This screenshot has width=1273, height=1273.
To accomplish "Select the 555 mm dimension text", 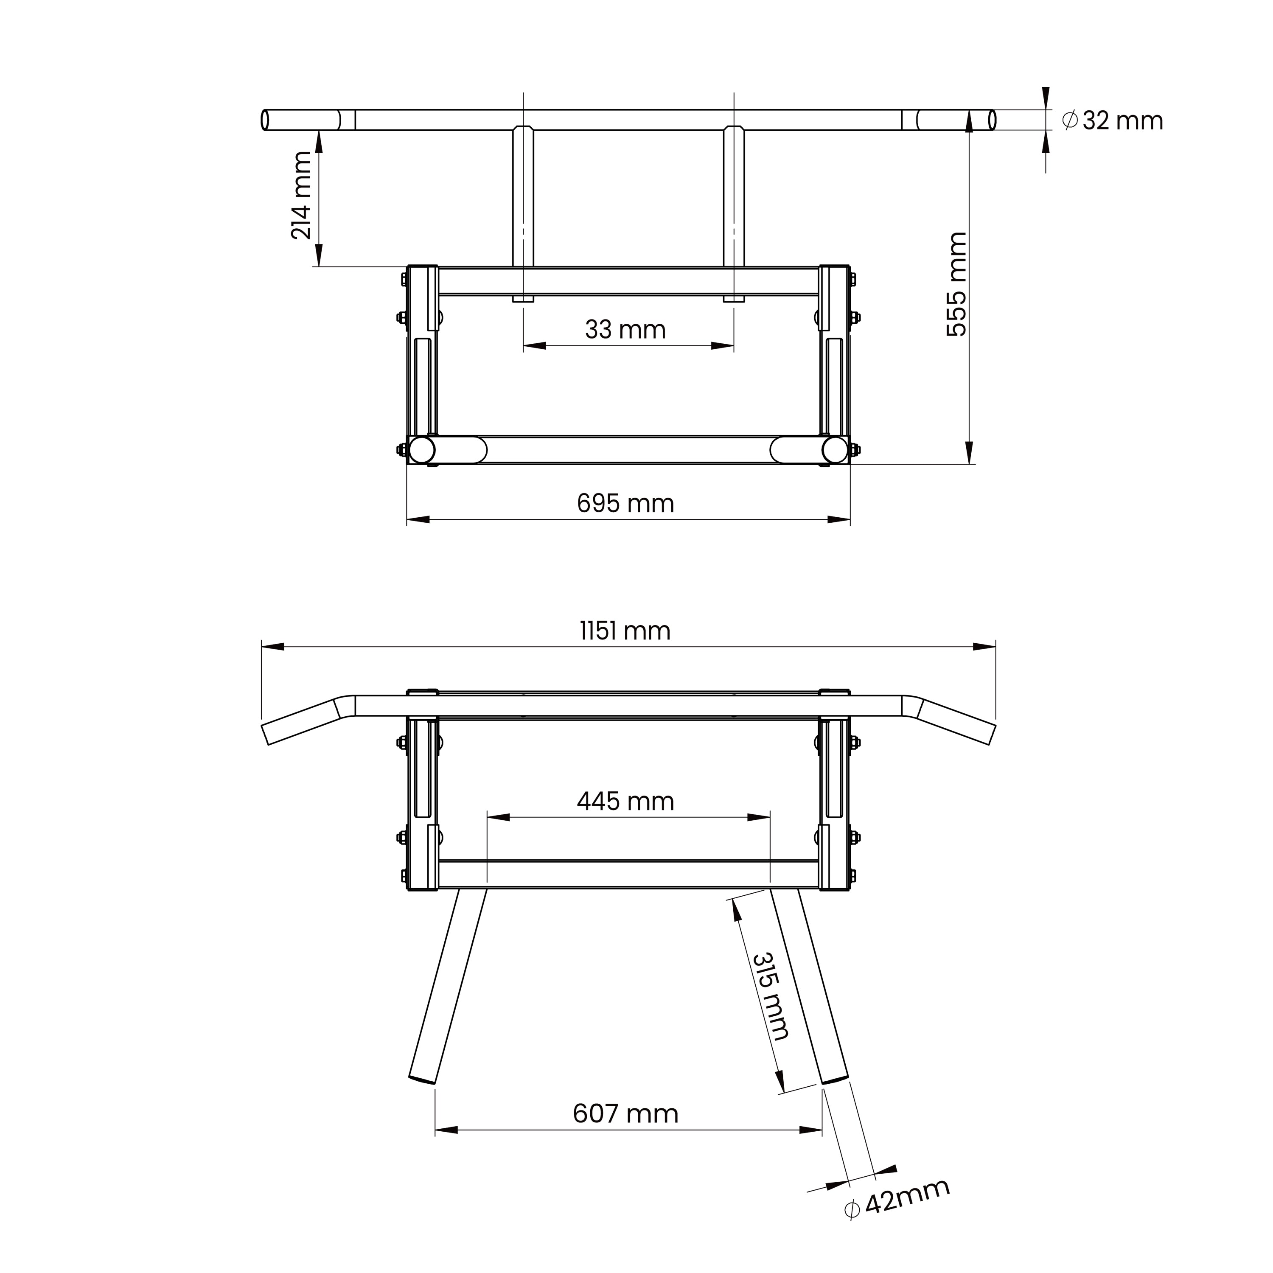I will click(x=957, y=285).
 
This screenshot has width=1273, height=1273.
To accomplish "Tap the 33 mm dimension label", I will click(x=625, y=329).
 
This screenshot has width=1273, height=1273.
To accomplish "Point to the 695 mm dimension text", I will click(x=625, y=503).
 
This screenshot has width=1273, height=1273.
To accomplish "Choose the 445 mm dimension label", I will click(x=625, y=801).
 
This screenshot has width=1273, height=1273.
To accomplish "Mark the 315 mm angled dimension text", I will click(x=770, y=996).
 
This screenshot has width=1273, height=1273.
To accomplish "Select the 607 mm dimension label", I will click(x=625, y=1113).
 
